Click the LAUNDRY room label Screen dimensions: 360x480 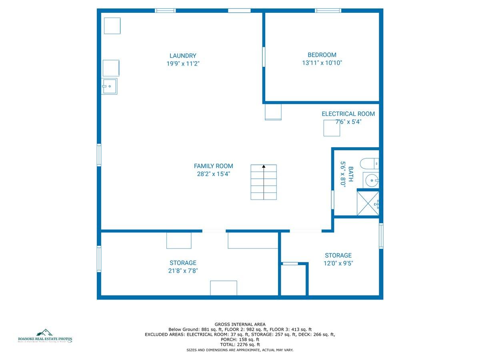tap(183, 56)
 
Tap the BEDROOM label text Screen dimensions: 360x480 tap(322, 55)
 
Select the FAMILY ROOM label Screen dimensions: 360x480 tap(213, 166)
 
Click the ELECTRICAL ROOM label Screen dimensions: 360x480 tap(348, 114)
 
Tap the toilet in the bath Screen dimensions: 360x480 tap(369, 164)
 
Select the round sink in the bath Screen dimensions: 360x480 tap(371, 180)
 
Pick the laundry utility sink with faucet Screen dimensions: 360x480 tap(109, 86)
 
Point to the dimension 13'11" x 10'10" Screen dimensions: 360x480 tap(322, 63)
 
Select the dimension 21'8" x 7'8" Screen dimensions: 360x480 tap(183, 271)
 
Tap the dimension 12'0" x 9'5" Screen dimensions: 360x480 tap(338, 263)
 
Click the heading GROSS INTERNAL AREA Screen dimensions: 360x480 tap(240, 324)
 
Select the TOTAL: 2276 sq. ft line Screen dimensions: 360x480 tap(240, 344)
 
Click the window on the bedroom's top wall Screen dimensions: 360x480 tap(328, 10)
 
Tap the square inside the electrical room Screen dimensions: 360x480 tap(332, 128)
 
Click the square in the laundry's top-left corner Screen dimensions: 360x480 tap(112, 26)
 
